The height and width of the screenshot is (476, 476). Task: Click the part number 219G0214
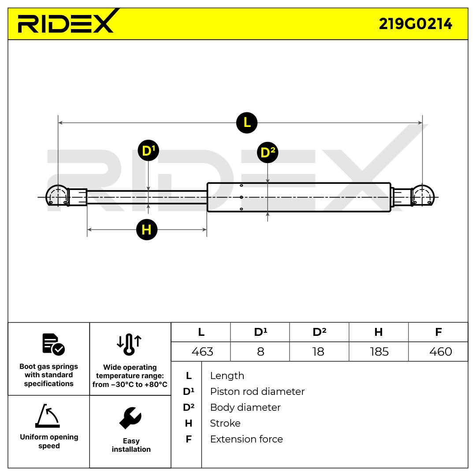415,24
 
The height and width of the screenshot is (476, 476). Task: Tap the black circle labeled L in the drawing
247,122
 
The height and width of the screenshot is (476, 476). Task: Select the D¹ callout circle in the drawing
148,151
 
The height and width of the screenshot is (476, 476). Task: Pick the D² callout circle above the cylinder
268,152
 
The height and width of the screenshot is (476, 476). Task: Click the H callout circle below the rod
147,230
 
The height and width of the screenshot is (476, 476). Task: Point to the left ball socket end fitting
57,196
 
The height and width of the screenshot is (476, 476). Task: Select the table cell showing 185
379,352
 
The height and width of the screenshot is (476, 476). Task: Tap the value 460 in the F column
440,352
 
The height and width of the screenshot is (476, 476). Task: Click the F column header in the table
438,332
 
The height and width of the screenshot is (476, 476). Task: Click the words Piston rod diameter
257,391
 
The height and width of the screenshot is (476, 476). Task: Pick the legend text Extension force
246,439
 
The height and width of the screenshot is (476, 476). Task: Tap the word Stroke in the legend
225,423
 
